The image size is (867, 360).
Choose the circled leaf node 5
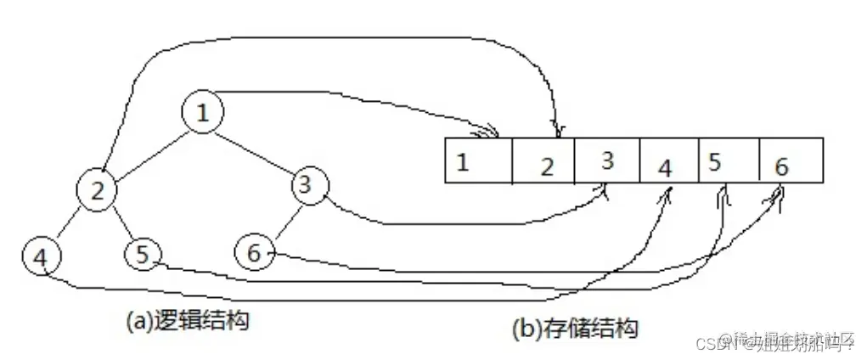(x=143, y=253)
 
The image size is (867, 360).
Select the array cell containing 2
(x=544, y=160)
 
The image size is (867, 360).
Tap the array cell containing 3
(x=607, y=160)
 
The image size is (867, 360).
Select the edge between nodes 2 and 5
(x=120, y=222)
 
